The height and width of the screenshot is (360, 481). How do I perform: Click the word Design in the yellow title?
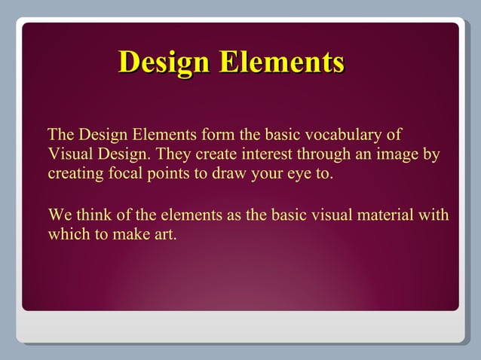click(164, 62)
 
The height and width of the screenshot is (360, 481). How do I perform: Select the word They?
click(174, 155)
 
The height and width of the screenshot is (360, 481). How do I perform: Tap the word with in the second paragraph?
click(434, 215)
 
